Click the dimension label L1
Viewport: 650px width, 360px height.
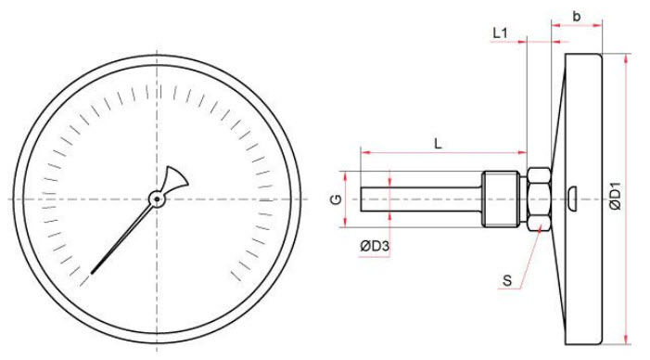click(x=500, y=33)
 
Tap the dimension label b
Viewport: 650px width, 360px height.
click(x=576, y=16)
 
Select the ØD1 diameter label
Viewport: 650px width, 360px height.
click(x=617, y=196)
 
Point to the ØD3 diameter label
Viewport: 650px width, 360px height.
click(x=375, y=247)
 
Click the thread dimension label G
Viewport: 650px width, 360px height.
click(x=336, y=199)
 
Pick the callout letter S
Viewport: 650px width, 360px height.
click(x=507, y=281)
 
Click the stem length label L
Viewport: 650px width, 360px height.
click(x=438, y=144)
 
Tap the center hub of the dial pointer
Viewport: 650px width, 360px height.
click(x=157, y=199)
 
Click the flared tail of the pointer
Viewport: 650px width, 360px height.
click(x=176, y=178)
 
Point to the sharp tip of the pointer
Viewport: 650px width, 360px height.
click(x=92, y=273)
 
